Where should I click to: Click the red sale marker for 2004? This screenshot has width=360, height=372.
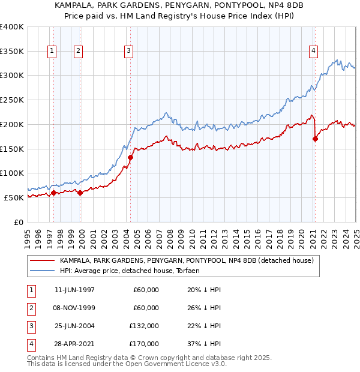coord(130,157)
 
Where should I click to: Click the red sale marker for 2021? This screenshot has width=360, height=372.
coord(316,139)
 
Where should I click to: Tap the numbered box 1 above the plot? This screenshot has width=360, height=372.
coord(53,52)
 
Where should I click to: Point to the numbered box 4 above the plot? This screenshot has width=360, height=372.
coord(314,52)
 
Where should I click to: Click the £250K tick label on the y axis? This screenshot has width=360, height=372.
coord(12,100)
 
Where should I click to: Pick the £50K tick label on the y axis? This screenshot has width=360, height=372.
coord(14,197)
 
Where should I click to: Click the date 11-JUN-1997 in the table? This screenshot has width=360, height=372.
coord(74,290)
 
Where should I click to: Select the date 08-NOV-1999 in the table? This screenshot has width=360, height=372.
coord(74,308)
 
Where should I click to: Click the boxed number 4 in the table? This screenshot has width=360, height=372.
coord(30,344)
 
